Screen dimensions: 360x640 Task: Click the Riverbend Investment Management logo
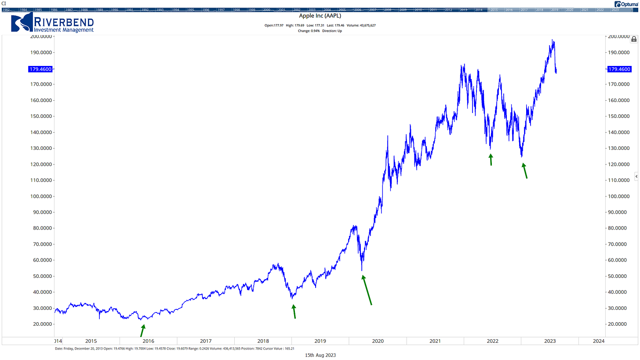52,24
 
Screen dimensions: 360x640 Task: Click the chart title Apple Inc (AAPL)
320,16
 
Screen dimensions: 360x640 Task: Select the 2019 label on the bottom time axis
320,341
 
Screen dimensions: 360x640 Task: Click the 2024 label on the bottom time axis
598,341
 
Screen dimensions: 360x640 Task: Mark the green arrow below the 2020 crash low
367,290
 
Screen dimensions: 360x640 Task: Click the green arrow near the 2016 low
142,331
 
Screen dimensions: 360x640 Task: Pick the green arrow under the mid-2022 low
491,160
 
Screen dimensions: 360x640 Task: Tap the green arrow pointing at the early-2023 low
524,171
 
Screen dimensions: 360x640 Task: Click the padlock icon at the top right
634,39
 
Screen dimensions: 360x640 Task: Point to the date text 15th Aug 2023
320,355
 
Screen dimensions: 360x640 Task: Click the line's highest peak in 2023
553,40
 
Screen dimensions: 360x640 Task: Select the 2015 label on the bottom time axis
91,341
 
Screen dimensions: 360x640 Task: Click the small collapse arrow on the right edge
636,176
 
